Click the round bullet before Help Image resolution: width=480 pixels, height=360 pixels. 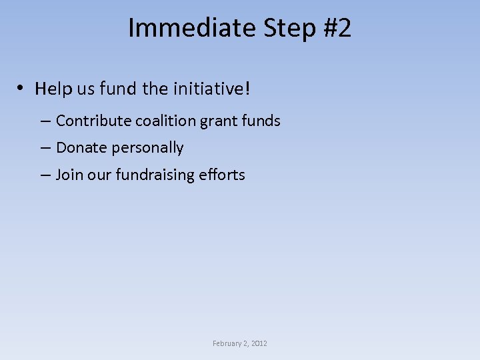pyautogui.click(x=23, y=89)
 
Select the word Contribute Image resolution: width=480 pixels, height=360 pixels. pyautogui.click(x=93, y=121)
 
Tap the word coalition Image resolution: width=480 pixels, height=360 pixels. pyautogui.click(x=165, y=121)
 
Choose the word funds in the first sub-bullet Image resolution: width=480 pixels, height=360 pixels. pyautogui.click(x=261, y=121)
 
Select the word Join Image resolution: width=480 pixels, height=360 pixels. pyautogui.click(x=69, y=175)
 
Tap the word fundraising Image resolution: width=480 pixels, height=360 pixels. pyautogui.click(x=155, y=175)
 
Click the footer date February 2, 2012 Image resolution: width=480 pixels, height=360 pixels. pyautogui.click(x=240, y=343)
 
